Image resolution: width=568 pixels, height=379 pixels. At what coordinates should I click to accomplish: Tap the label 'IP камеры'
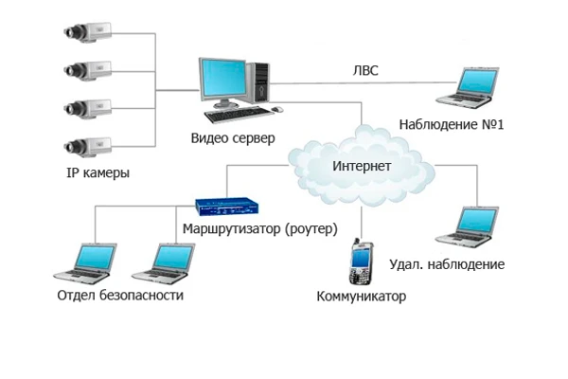click(x=98, y=175)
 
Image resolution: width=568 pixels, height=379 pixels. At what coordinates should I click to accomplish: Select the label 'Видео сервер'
click(x=233, y=139)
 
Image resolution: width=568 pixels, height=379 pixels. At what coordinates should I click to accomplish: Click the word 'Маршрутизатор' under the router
click(x=227, y=228)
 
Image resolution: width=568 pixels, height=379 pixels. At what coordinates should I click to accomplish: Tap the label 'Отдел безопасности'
click(x=120, y=295)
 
